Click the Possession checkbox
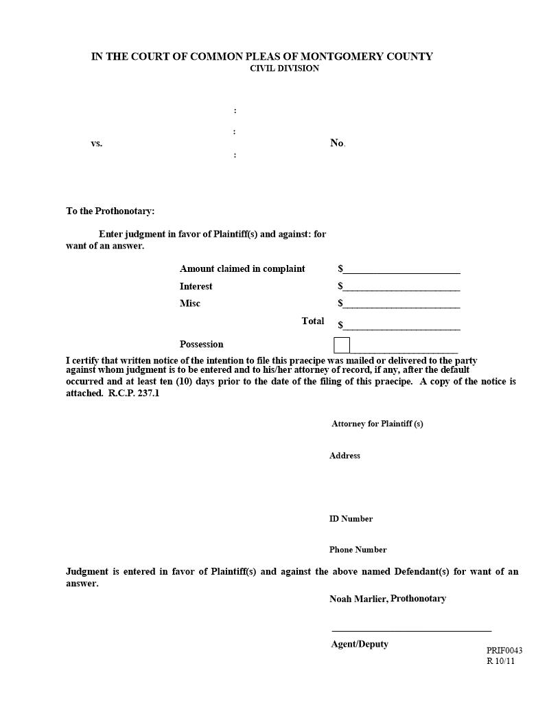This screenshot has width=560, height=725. tap(342, 345)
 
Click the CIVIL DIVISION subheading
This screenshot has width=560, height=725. tap(284, 69)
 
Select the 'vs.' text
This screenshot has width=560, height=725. tap(96, 143)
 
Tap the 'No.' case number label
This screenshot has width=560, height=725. tap(337, 143)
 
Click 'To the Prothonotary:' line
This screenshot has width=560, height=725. tap(110, 211)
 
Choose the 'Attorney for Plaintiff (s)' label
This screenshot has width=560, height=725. tap(377, 424)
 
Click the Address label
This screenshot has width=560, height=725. tap(345, 455)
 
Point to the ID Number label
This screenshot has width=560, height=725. tap(351, 518)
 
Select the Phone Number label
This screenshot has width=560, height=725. tap(358, 549)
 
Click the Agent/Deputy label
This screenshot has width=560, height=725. tap(359, 644)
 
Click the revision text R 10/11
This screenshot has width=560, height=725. tap(500, 661)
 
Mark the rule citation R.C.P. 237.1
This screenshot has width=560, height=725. tap(134, 394)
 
